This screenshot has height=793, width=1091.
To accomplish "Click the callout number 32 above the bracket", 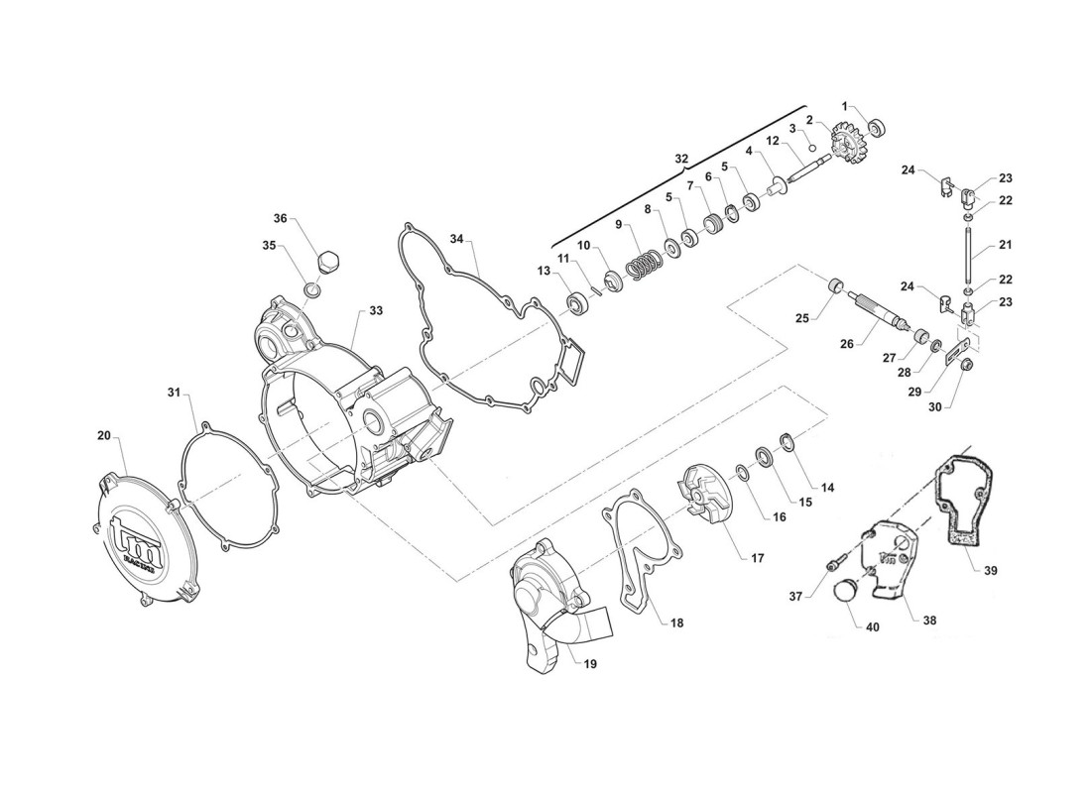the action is (681, 159).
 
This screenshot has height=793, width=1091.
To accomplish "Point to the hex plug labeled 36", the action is (328, 263).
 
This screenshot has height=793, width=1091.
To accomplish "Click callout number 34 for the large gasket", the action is (456, 239).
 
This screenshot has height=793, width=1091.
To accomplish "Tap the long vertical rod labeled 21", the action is (968, 256).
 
